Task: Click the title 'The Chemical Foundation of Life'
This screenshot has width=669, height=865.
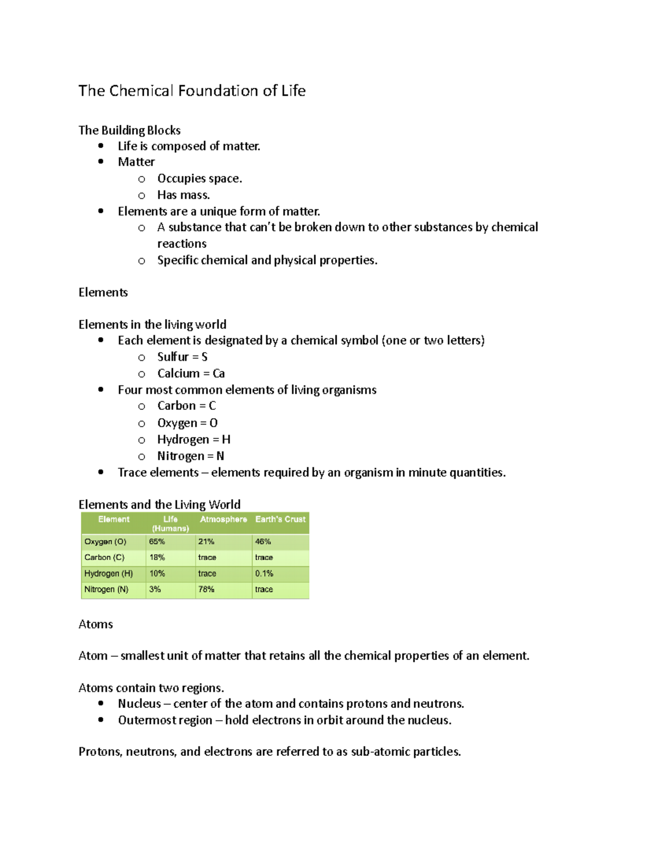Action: (192, 91)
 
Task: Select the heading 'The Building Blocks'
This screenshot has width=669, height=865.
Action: (129, 130)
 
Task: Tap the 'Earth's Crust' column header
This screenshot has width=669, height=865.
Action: (280, 519)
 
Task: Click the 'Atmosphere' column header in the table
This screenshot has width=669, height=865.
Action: (223, 519)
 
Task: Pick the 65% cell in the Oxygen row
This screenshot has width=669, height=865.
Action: (157, 541)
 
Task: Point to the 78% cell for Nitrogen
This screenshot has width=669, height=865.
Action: (206, 589)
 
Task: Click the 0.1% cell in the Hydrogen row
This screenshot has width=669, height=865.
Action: (264, 573)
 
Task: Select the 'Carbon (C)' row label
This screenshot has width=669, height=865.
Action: (104, 557)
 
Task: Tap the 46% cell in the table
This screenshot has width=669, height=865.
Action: (263, 541)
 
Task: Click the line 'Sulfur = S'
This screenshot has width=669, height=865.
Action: (182, 357)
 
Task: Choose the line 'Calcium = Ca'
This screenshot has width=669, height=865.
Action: (191, 374)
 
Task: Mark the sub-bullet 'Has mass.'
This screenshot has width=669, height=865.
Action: (183, 195)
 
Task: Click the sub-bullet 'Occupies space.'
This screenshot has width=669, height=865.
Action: (200, 179)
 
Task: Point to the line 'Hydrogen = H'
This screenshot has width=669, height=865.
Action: (193, 439)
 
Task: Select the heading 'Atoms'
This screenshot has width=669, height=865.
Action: (95, 624)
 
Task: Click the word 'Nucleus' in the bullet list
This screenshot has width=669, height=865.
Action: (139, 704)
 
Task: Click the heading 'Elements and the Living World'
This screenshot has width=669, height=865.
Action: (159, 505)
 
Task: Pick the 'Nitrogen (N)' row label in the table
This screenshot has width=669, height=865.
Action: (106, 589)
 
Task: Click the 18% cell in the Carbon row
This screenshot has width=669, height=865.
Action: (157, 557)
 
